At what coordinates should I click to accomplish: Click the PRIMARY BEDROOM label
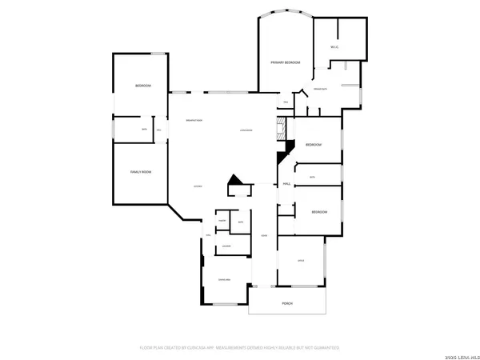coord(286,62)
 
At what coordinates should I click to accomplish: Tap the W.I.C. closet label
coord(334,47)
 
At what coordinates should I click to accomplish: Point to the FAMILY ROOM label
coord(142,172)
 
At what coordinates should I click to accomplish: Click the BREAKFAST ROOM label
coord(194,120)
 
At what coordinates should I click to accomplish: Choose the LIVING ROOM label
coord(246,130)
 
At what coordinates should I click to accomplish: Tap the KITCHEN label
coord(198,186)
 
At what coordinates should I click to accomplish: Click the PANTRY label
coord(222,219)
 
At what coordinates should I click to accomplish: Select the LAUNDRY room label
coord(227,246)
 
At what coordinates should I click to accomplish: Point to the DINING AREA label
coord(224,279)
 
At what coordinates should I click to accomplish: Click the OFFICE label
coord(301,261)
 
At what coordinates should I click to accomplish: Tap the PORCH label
coord(286,304)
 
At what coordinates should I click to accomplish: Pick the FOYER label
coord(264,235)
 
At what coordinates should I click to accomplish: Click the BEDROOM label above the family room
coord(142,86)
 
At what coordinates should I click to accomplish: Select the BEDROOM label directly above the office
coord(319,211)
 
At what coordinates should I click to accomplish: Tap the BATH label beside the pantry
coord(240,222)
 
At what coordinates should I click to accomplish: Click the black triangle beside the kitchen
coord(234,182)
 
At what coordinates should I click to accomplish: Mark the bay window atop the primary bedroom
coord(286,13)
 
